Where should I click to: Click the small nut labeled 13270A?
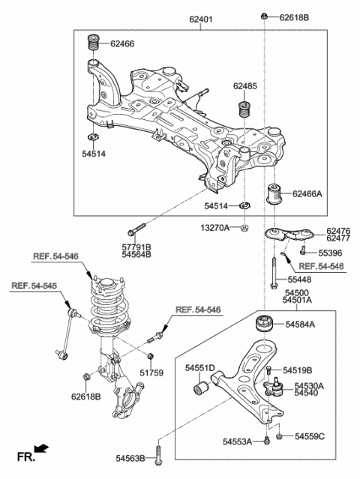[x=246, y=227]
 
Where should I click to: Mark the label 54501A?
[x=297, y=301]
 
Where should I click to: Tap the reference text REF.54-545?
[x=34, y=286]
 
